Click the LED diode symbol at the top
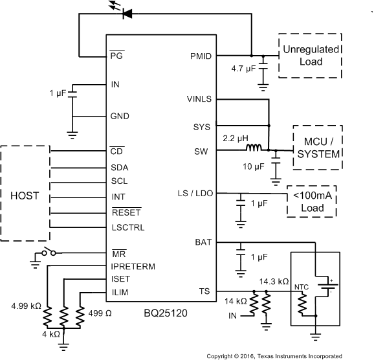click(x=127, y=12)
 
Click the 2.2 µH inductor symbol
click(x=254, y=150)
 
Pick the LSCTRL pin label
click(x=128, y=227)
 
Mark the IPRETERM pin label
click(x=133, y=265)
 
